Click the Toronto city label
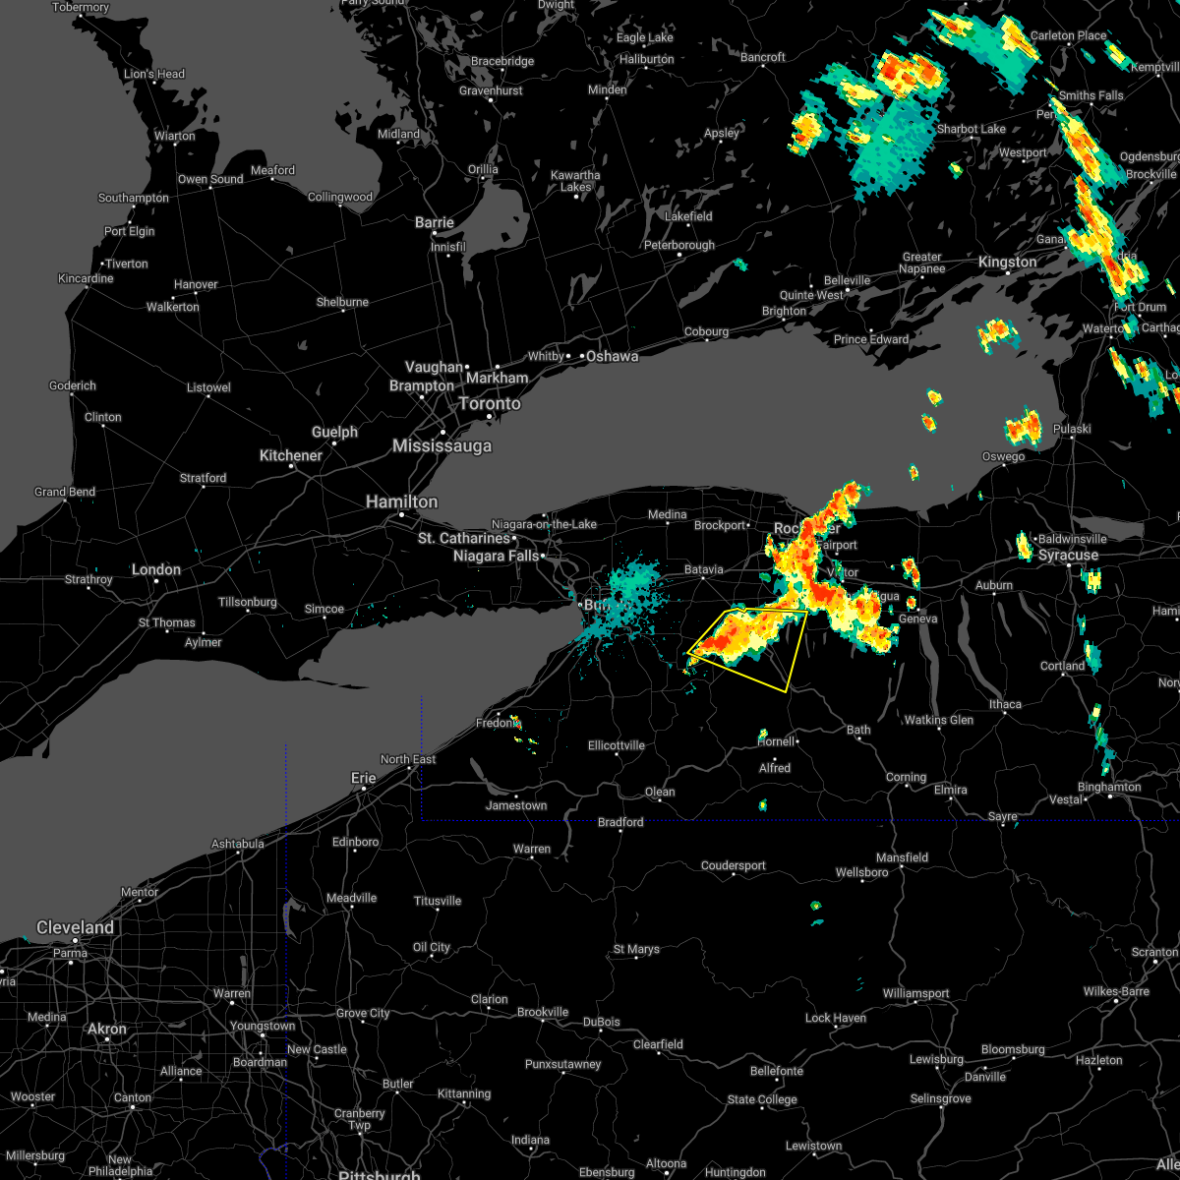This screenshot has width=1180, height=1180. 490,404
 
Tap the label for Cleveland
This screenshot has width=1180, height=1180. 75,927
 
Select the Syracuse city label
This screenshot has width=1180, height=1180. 1069,556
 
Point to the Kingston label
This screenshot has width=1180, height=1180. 1007,263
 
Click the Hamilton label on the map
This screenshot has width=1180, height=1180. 401,502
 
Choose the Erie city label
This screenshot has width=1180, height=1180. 364,778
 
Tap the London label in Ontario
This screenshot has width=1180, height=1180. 156,569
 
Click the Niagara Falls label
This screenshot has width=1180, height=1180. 497,557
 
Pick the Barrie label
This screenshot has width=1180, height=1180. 435,223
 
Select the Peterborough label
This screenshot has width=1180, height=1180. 679,245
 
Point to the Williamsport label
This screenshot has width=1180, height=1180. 915,994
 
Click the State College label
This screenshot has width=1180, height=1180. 762,1099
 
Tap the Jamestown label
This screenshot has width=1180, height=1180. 516,805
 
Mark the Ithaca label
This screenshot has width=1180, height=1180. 1005,705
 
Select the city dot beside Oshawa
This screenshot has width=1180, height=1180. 581,356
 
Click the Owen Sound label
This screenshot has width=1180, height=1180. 210,180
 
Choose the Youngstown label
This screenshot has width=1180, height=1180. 263,1026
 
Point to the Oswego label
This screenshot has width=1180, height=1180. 1003,457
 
